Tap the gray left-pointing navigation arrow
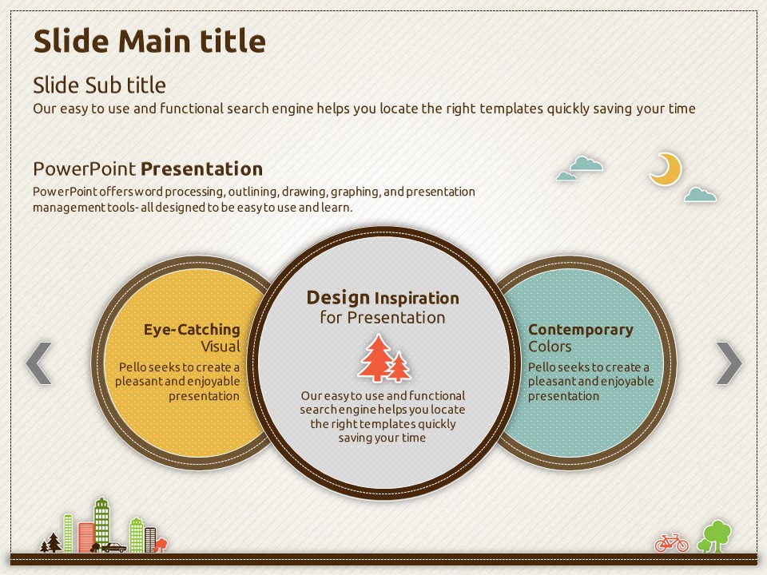(39, 363)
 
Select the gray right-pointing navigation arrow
(729, 363)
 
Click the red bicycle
(671, 543)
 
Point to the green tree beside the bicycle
(715, 537)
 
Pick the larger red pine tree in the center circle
(376, 358)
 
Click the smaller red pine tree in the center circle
(399, 367)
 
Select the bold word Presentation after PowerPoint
(202, 169)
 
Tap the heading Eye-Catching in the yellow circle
(192, 330)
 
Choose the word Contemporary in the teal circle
(581, 330)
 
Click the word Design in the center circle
(338, 298)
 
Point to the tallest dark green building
(101, 522)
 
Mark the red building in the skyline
(86, 537)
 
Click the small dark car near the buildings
(113, 547)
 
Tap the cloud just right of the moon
(701, 195)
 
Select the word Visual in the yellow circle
(221, 347)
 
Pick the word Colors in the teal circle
(550, 347)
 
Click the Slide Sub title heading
(99, 85)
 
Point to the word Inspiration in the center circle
(417, 298)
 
